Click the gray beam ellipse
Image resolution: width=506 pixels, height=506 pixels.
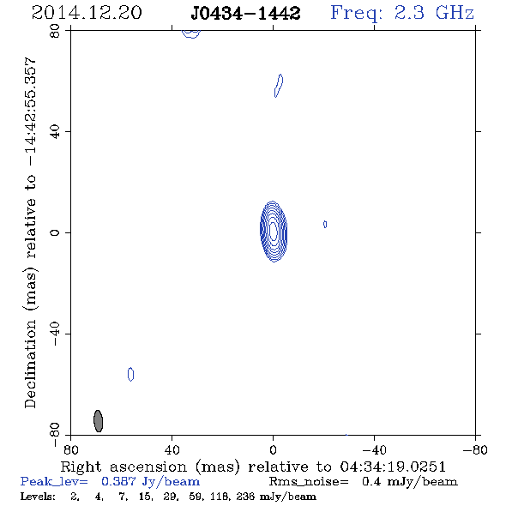click(98, 421)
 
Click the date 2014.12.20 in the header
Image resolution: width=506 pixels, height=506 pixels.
click(87, 13)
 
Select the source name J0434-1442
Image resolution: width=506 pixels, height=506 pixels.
click(245, 13)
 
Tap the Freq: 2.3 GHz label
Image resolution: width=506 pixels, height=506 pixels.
click(402, 14)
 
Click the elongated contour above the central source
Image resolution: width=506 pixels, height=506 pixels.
click(279, 86)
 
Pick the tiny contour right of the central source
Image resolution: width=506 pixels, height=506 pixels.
click(325, 224)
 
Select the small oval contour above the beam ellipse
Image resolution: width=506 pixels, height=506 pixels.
click(130, 374)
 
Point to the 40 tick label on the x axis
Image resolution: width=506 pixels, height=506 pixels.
click(172, 449)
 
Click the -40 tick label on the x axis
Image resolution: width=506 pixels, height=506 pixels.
click(374, 449)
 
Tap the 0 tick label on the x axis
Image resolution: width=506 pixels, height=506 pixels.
click(273, 449)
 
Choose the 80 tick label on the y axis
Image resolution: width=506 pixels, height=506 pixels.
click(55, 31)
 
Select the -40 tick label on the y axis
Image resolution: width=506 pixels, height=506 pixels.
click(55, 334)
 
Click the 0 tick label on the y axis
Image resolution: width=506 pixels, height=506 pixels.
click(55, 232)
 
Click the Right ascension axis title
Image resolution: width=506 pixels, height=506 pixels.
click(253, 467)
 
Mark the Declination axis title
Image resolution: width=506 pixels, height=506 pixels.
click(30, 232)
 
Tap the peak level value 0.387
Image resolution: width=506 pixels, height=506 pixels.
click(118, 481)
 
